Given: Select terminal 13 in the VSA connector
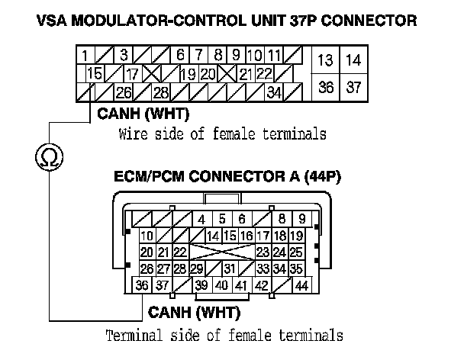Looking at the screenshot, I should (x=326, y=59).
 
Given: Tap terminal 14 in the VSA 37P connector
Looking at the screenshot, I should (x=353, y=59).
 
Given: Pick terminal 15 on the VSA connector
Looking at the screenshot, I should (x=95, y=74).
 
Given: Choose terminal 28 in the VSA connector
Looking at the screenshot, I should (x=160, y=92).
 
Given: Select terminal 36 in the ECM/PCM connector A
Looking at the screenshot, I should (x=142, y=285).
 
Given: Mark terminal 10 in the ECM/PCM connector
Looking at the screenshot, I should (x=147, y=236).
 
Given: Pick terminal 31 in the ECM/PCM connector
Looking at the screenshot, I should (x=227, y=268).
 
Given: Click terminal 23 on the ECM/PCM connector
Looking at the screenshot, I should (x=263, y=252).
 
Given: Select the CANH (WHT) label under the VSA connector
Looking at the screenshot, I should (x=143, y=114).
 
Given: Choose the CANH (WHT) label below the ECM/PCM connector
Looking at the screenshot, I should (x=194, y=312).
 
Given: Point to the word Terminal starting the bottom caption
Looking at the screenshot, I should (x=134, y=335).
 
